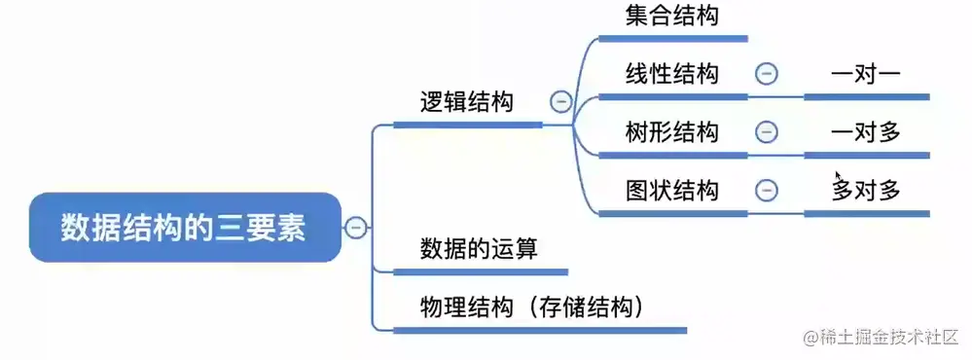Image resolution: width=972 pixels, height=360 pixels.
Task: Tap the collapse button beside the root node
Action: point(356,228)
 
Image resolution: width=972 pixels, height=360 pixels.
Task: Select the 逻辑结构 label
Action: point(466,102)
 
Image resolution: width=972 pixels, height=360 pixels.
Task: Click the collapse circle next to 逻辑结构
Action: point(559,100)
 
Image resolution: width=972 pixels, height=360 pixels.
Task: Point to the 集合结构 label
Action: point(672,16)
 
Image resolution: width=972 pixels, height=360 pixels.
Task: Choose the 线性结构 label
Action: point(672,74)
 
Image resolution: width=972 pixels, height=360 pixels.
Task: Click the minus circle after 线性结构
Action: point(767,74)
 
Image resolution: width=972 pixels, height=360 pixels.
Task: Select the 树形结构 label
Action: point(672,131)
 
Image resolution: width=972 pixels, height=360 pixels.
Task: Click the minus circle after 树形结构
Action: point(767,131)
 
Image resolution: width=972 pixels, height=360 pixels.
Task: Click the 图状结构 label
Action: point(672,190)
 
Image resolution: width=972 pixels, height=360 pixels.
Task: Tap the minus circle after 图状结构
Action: point(767,190)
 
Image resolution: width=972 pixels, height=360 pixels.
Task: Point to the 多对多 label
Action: point(866,190)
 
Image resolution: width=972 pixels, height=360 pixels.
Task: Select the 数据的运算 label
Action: point(479,248)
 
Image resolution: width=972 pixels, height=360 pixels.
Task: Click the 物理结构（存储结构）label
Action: point(533,307)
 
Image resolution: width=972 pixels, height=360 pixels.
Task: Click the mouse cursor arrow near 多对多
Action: point(838,176)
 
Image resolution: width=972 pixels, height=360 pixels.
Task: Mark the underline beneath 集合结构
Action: point(672,39)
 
